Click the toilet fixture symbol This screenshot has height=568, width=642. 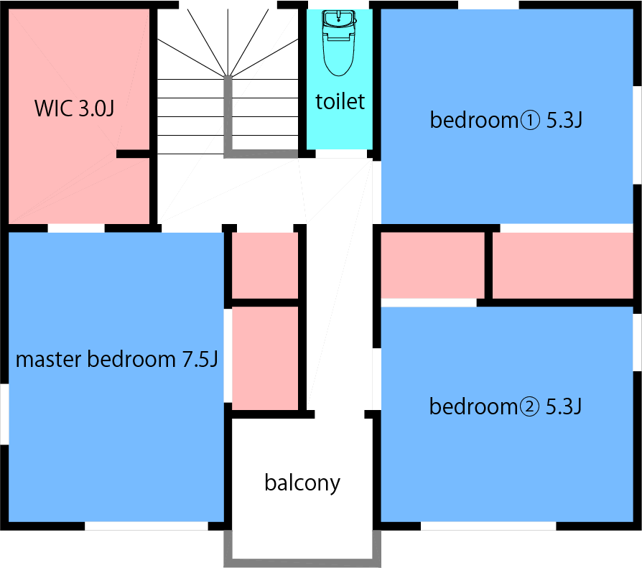(339, 43)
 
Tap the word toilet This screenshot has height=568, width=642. (340, 102)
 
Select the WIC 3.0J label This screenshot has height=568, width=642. (74, 109)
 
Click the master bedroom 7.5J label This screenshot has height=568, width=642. (116, 360)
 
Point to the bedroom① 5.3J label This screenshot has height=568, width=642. (505, 120)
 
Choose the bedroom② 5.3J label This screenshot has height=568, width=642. (505, 407)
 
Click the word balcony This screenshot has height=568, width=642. (302, 483)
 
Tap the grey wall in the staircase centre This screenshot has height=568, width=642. (229, 115)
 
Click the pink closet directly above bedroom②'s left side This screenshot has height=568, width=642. (432, 264)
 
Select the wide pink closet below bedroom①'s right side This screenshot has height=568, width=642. (562, 265)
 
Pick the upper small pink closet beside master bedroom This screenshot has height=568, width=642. (264, 264)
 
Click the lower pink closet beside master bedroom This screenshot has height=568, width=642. (264, 358)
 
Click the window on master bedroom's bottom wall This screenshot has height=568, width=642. (146, 526)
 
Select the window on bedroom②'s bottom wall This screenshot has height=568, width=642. (488, 526)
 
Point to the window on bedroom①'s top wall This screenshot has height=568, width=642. (488, 5)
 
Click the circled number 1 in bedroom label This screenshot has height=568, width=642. (528, 120)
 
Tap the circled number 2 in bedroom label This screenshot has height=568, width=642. (528, 407)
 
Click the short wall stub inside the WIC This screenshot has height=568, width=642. (133, 154)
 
